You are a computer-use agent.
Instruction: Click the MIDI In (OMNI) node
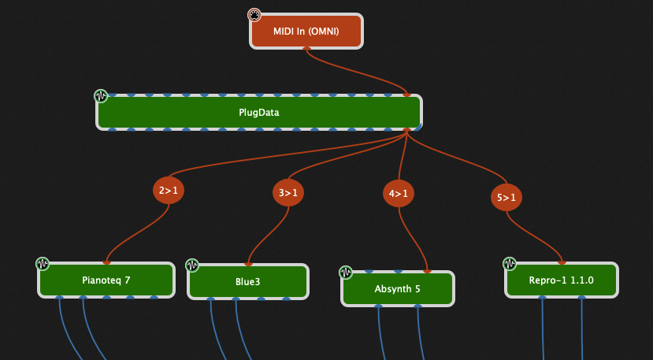click(306, 32)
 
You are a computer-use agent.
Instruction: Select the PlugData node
click(259, 112)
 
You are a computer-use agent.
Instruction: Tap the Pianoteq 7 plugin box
click(106, 280)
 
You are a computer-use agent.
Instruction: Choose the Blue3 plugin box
click(247, 282)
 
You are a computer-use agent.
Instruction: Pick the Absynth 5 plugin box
click(397, 288)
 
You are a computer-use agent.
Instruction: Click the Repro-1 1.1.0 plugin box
click(561, 280)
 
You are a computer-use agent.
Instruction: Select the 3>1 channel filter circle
click(288, 192)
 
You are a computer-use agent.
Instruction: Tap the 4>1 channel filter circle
click(398, 193)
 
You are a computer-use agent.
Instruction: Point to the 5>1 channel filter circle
click(506, 197)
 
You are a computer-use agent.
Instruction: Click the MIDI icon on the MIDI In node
click(254, 15)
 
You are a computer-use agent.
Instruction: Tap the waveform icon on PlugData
click(100, 96)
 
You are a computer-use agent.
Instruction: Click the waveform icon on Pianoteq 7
click(43, 263)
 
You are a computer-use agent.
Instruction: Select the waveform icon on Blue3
click(192, 265)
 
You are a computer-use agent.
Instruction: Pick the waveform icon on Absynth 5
click(345, 273)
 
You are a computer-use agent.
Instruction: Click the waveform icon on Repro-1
click(510, 263)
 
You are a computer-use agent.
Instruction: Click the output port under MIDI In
click(306, 49)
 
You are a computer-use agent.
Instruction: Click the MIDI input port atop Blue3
click(249, 265)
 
